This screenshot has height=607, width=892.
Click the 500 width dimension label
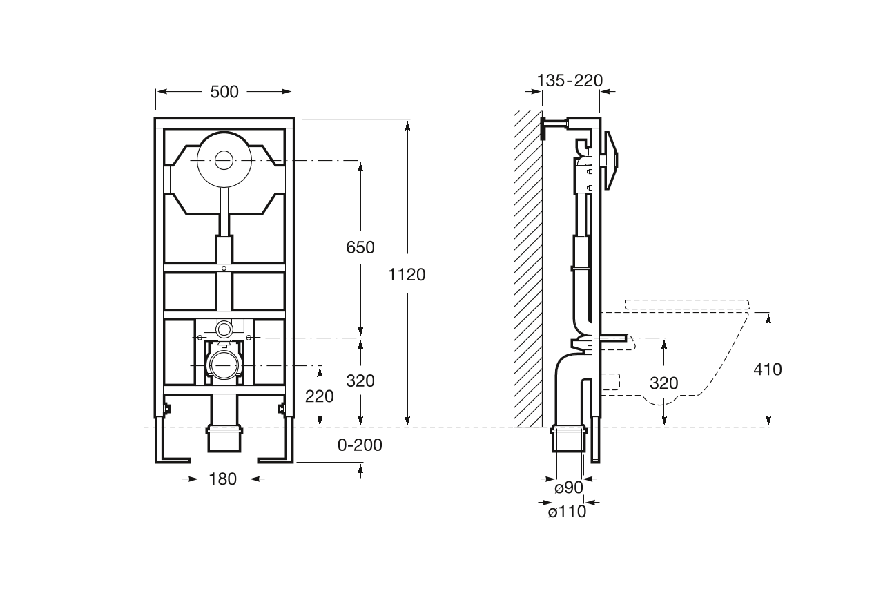pos(224,91)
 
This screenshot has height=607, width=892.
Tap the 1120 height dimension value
pos(407,275)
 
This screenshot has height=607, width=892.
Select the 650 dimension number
pos(360,247)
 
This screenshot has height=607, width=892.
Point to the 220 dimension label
pos(319,396)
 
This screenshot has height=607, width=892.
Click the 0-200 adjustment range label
pos(359,445)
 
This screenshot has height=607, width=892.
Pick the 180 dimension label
pos(222,479)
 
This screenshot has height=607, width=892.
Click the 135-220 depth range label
pos(570,81)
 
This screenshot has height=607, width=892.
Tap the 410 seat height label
pos(768,369)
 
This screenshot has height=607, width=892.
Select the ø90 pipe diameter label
pos(569,488)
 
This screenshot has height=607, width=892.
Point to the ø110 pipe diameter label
pos(567,512)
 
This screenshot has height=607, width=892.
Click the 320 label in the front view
pos(360,380)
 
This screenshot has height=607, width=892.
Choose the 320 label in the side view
pos(663,383)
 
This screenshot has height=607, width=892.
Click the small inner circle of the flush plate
pos(223,161)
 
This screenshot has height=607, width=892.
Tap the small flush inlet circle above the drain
pos(224,326)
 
